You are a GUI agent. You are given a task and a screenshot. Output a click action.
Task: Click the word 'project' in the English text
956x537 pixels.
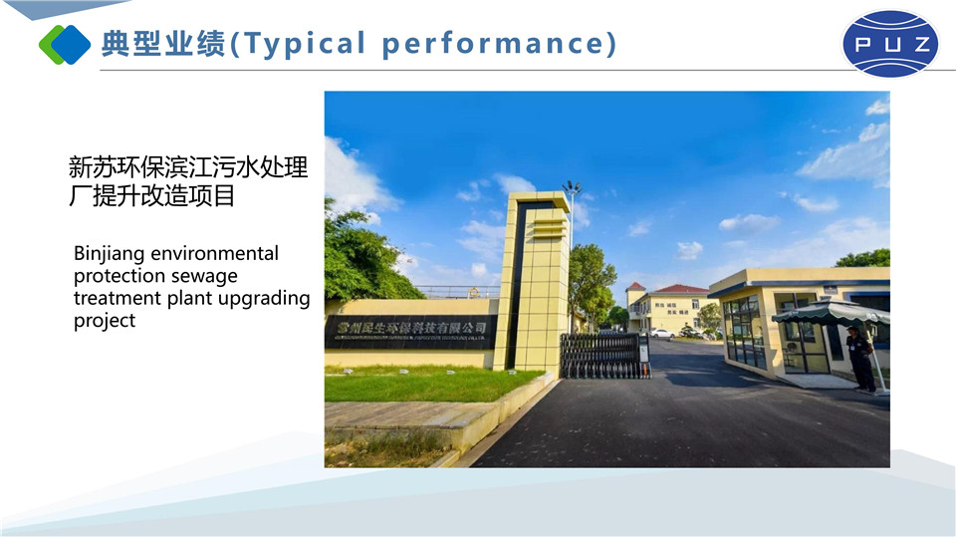(105, 321)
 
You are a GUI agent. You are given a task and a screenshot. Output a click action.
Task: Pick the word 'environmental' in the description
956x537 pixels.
(214, 254)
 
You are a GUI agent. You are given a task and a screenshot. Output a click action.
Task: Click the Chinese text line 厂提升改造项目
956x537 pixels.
(151, 195)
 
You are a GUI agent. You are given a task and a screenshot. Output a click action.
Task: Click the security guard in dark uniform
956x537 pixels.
(860, 358)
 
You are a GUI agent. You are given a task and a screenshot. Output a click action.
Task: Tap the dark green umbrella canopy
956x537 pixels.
(831, 313)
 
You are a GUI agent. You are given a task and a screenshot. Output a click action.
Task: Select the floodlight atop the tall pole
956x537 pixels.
(572, 186)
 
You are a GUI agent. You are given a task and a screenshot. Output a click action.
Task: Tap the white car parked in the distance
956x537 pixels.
(661, 333)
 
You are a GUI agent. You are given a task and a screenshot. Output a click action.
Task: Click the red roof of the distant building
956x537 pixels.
(680, 289)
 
